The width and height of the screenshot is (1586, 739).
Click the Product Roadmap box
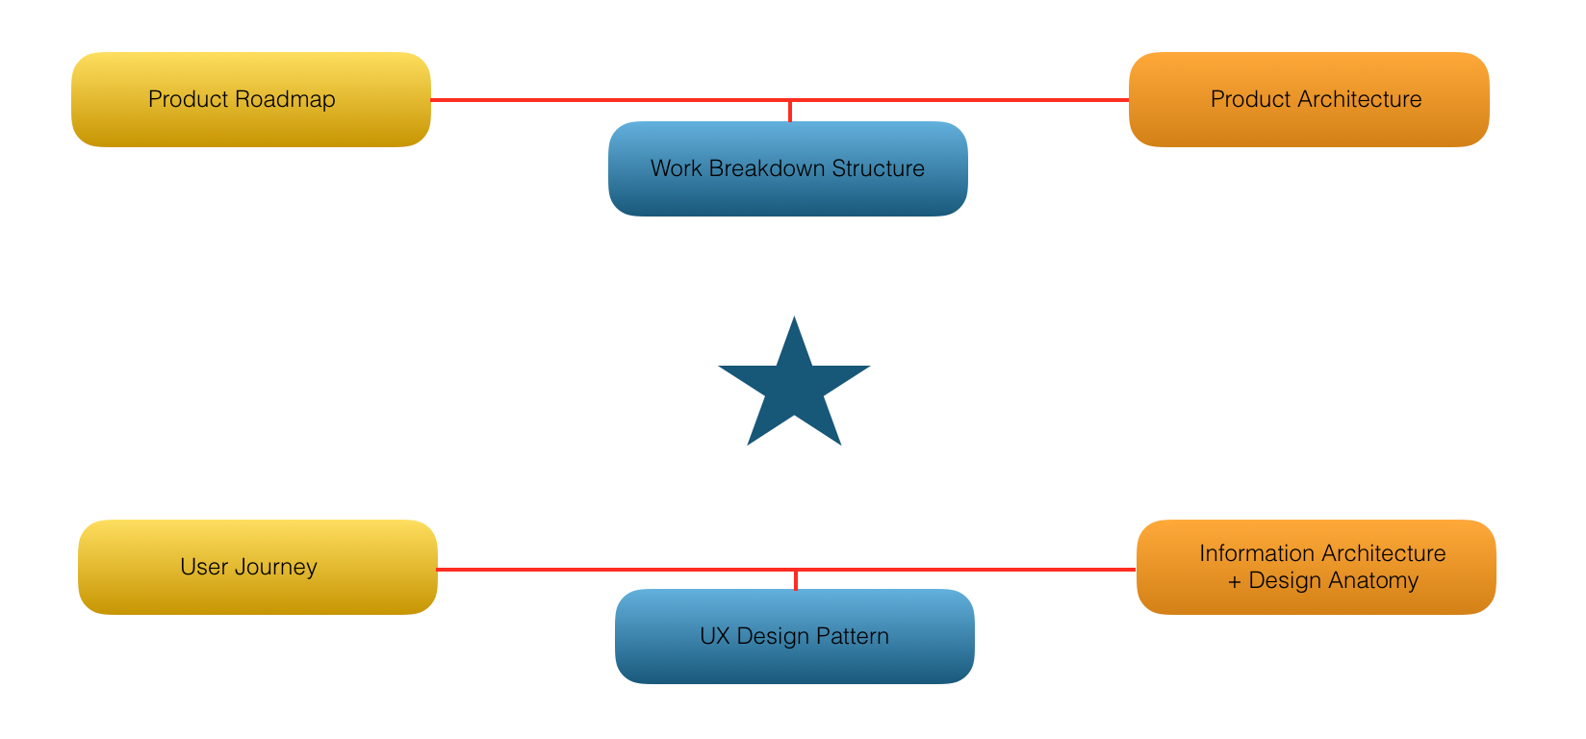250,99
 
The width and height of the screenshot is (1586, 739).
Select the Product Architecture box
1309,99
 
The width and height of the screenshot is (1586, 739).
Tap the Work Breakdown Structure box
787,169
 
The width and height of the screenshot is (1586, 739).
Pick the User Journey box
257,567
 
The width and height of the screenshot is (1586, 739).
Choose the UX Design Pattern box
794,637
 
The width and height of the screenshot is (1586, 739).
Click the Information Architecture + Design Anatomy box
1316,567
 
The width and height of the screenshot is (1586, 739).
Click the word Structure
878,168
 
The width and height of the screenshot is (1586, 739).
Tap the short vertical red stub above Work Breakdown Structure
790,111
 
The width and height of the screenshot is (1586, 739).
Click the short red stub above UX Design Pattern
796,580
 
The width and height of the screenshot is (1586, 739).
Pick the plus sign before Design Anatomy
1235,581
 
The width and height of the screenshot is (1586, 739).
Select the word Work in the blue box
676,168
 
